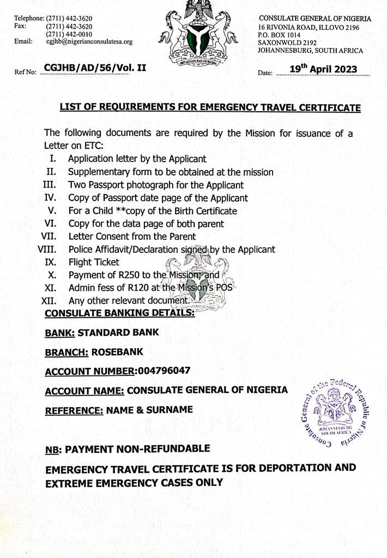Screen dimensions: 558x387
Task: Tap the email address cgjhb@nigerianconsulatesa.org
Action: point(89,41)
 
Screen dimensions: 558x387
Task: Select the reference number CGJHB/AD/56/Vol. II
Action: point(95,68)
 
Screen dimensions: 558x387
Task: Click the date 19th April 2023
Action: point(323,69)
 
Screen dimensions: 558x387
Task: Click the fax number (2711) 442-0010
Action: point(69,34)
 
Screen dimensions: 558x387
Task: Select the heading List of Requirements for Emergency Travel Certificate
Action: point(210,107)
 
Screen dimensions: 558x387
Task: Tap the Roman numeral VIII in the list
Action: point(48,250)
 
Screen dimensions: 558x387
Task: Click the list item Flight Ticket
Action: point(94,262)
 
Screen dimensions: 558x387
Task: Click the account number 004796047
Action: point(164,371)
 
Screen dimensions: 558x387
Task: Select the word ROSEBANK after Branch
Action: point(117,352)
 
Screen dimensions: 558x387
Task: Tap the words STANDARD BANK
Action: point(118,332)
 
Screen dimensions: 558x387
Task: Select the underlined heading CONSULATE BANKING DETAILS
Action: point(119,313)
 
